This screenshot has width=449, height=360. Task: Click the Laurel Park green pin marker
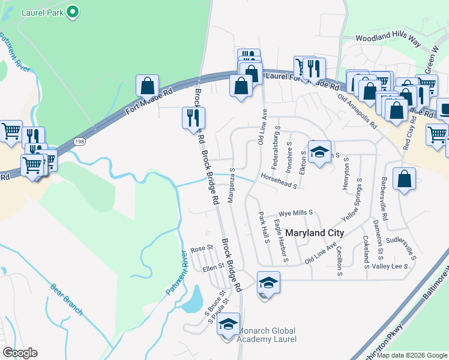click(73, 11)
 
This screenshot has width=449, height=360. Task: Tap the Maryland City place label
click(315, 232)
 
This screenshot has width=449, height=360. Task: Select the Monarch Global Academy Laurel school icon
click(228, 325)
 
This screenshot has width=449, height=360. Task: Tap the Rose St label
click(202, 248)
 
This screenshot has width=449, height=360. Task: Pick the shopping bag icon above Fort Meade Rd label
click(147, 86)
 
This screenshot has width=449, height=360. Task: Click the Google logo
click(20, 353)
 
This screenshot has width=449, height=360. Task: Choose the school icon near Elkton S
click(320, 152)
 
